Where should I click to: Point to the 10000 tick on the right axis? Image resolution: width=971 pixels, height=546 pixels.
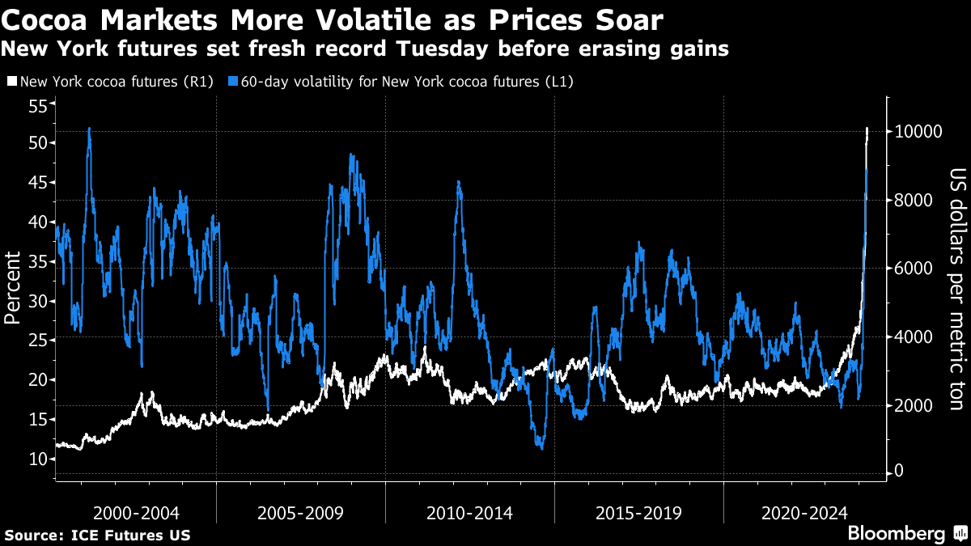[917, 132]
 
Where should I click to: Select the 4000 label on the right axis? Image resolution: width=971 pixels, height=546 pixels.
[914, 336]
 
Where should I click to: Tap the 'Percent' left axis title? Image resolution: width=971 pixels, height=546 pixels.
[13, 287]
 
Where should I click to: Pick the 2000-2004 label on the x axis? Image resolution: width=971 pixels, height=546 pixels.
[136, 513]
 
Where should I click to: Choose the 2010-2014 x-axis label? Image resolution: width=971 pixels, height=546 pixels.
[469, 513]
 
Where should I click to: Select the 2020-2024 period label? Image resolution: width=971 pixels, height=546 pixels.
[806, 513]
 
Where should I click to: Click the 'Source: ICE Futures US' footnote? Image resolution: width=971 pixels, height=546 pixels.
[97, 535]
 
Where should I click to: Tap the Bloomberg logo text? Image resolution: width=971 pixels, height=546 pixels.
[896, 534]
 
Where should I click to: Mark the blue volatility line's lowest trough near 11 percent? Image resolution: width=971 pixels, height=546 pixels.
[541, 448]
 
